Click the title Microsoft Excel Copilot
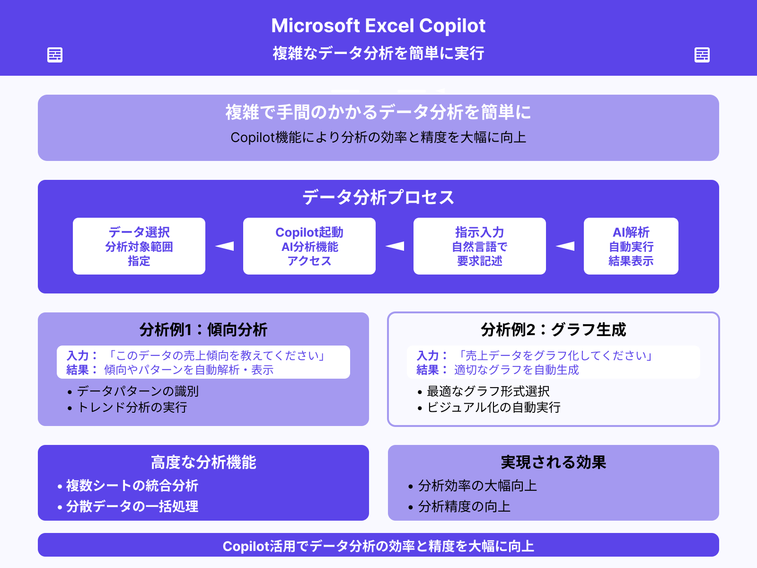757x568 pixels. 378,26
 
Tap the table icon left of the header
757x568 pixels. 55,55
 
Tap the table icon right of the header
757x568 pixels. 702,55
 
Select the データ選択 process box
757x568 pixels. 139,246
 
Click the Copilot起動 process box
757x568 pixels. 309,246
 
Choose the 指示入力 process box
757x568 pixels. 480,246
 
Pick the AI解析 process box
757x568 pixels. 631,246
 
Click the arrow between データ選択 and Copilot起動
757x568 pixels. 225,246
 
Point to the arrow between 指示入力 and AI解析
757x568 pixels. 565,246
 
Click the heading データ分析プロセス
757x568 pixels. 378,197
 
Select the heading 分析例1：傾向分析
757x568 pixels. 203,329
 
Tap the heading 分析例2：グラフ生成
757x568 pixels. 553,329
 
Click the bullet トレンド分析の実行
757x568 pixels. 132,408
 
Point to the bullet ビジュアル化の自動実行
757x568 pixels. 493,408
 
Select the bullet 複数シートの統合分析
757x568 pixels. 132,486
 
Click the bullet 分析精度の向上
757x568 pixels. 464,506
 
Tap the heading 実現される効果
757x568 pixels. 553,462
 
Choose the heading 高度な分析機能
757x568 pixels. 203,462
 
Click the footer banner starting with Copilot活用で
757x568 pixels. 378,546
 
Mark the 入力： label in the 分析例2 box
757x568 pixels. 431,355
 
